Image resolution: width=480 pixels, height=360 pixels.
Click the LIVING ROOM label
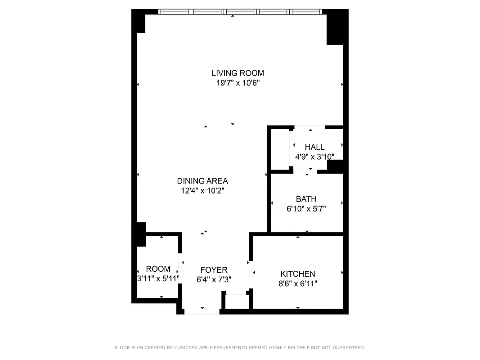[x=238, y=73]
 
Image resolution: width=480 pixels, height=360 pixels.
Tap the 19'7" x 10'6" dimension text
[x=238, y=83]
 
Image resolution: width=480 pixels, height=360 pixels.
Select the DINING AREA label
[x=202, y=181]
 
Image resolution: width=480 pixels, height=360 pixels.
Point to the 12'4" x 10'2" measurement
[x=202, y=191]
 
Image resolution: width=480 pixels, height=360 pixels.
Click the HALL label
[x=314, y=147]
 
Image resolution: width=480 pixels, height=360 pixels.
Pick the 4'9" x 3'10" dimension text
[x=314, y=157]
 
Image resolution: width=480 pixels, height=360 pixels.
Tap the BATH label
[x=306, y=199]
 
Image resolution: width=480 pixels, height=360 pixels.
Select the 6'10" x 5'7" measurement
[x=306, y=209]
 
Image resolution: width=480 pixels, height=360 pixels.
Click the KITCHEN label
[x=298, y=274]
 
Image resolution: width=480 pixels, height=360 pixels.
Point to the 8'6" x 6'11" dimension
[x=298, y=283]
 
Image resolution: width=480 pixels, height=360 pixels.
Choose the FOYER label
[x=214, y=270]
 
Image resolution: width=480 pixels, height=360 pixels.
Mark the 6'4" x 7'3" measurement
[x=214, y=279]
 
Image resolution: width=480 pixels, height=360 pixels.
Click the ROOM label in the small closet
[x=158, y=269]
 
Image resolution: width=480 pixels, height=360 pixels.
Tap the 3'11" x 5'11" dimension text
[x=158, y=279]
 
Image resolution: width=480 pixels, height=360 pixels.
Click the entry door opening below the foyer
[x=202, y=311]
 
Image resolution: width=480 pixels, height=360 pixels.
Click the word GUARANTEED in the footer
[x=348, y=347]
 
